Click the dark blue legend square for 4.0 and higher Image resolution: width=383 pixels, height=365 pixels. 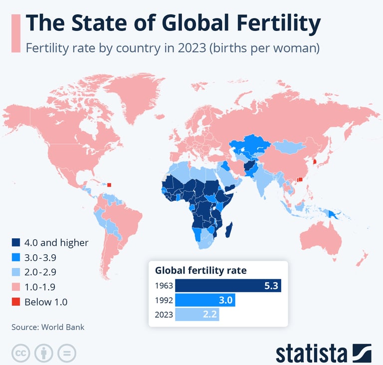16,243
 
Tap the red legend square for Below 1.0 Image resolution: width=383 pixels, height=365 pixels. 16,302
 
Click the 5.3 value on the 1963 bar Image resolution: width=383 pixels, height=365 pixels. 271,286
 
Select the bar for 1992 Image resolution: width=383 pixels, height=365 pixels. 205,300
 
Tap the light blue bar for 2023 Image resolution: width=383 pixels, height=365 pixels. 197,315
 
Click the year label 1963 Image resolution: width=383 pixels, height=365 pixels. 164,286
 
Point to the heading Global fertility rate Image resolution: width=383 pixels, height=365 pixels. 201,271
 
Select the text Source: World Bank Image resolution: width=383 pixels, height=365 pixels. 48,327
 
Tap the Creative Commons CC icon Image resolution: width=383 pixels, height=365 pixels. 20,353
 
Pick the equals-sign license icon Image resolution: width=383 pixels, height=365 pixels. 66,353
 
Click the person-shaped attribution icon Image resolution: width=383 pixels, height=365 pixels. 43,353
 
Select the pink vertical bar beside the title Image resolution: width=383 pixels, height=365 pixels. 15,33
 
